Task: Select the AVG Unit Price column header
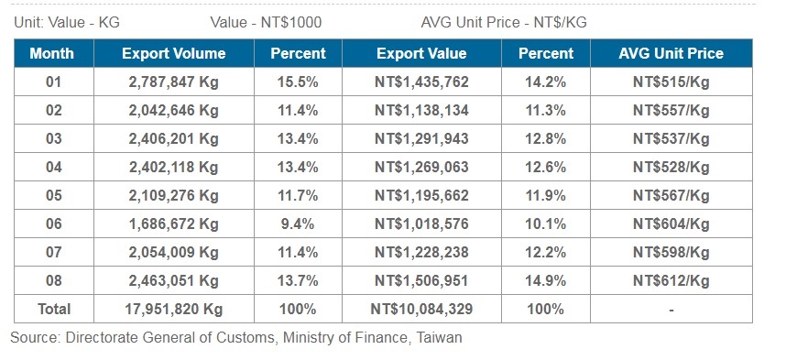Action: pyautogui.click(x=671, y=53)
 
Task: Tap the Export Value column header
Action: pyautogui.click(x=421, y=53)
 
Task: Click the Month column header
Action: pyautogui.click(x=52, y=53)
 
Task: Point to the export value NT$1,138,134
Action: pyautogui.click(x=421, y=111)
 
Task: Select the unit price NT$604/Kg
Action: pyautogui.click(x=671, y=224)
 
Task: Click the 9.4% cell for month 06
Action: pyautogui.click(x=298, y=224)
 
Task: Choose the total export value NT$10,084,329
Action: pyautogui.click(x=421, y=309)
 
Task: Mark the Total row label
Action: pyautogui.click(x=52, y=309)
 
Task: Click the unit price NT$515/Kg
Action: pyautogui.click(x=671, y=82)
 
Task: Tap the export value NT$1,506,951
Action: pyautogui.click(x=421, y=280)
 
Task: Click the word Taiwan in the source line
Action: pyautogui.click(x=439, y=338)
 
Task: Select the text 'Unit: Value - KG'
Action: pyautogui.click(x=66, y=21)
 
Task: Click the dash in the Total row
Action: pyautogui.click(x=671, y=310)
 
